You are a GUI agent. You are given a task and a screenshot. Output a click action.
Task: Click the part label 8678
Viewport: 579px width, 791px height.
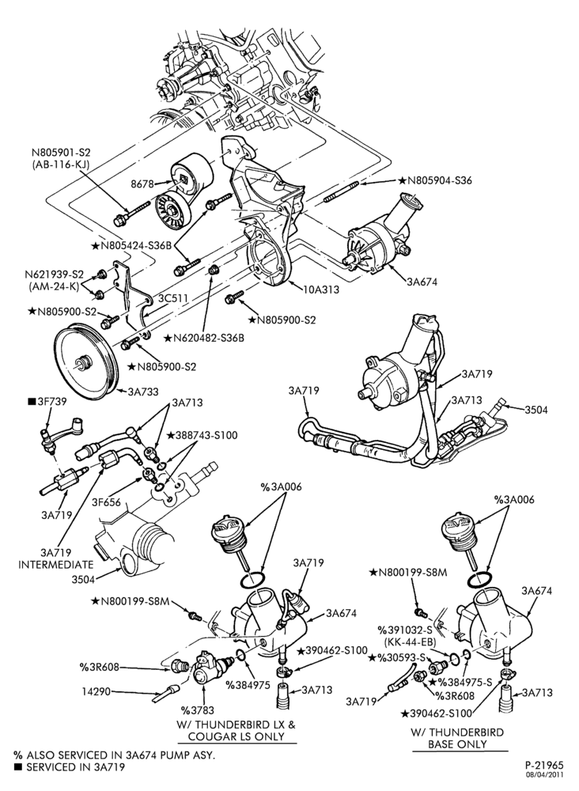(x=142, y=184)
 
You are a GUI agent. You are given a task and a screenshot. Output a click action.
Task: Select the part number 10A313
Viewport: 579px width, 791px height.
(x=321, y=290)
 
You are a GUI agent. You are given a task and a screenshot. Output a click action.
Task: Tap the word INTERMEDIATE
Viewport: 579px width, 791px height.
(x=56, y=565)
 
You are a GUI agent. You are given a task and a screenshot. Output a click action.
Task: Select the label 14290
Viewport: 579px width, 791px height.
(x=96, y=691)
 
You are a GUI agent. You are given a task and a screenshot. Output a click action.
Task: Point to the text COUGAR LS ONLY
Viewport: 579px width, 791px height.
(x=237, y=736)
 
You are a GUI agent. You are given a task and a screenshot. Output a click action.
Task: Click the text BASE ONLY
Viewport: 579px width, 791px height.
(x=457, y=744)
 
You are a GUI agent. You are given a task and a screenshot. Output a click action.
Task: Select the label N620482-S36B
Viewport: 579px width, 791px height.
(x=204, y=338)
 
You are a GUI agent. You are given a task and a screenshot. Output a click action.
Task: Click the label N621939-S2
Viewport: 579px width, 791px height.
(x=55, y=274)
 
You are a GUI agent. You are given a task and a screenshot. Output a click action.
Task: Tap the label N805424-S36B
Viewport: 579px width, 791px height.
(x=131, y=246)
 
